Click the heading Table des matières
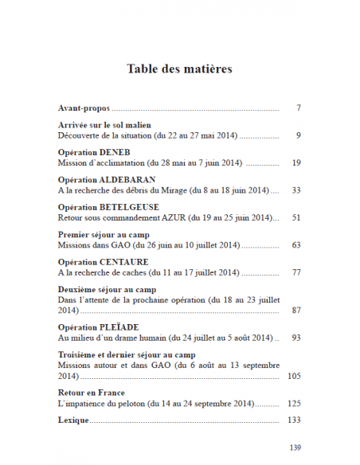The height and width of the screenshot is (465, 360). tap(179, 69)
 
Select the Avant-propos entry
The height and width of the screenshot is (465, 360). tap(84, 107)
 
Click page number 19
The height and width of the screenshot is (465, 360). tap(295, 162)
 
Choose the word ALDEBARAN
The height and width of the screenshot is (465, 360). tap(128, 180)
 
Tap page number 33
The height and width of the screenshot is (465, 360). tap(295, 190)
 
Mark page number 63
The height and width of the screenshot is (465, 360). tap(295, 245)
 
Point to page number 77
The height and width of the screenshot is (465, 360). tap(295, 272)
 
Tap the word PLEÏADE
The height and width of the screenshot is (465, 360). tap(120, 327)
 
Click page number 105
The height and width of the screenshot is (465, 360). tap(294, 374)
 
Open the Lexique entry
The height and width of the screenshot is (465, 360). tap(73, 420)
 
